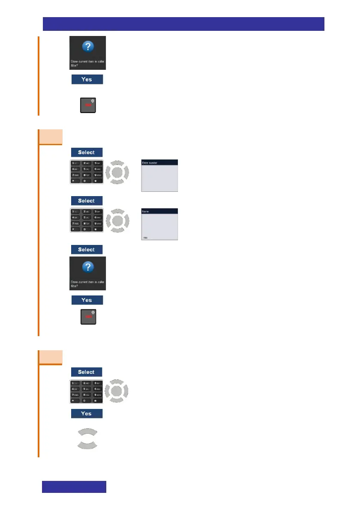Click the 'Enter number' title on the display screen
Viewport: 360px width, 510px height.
[x=150, y=163]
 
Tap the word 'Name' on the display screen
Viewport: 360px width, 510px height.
[x=146, y=212]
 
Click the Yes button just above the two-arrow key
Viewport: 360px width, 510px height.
[x=87, y=414]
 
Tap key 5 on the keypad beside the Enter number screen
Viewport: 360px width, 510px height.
[x=87, y=170]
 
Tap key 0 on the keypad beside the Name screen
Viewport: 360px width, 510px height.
[x=87, y=230]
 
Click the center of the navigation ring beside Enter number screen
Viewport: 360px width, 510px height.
[x=117, y=173]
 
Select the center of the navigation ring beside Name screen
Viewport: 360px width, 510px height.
[x=117, y=221]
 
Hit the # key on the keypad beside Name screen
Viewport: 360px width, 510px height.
[x=98, y=230]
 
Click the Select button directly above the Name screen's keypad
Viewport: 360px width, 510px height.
[x=87, y=201]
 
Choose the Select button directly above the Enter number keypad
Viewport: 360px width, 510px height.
[x=87, y=152]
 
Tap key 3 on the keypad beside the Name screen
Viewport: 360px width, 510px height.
[x=98, y=212]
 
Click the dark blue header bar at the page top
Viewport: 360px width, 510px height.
[x=183, y=24]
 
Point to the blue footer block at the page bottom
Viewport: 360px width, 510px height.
[x=74, y=486]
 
